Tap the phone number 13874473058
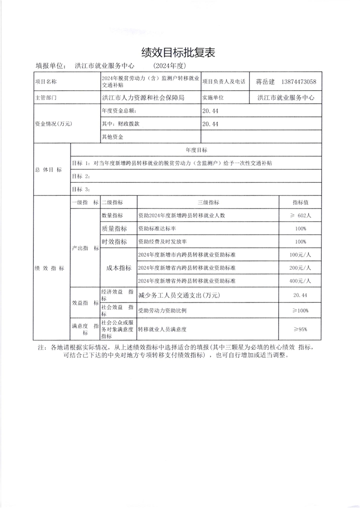pyautogui.click(x=298, y=82)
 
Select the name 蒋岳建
pyautogui.click(x=265, y=82)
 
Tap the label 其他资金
pyautogui.click(x=113, y=136)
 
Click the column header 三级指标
pyautogui.click(x=208, y=203)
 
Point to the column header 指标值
pyautogui.click(x=300, y=203)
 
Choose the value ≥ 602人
pyautogui.click(x=300, y=216)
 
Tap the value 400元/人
pyautogui.click(x=300, y=281)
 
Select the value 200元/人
pyautogui.click(x=300, y=268)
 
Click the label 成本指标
pyautogui.click(x=118, y=268)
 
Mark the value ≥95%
pyautogui.click(x=300, y=329)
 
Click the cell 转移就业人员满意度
pyautogui.click(x=162, y=329)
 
